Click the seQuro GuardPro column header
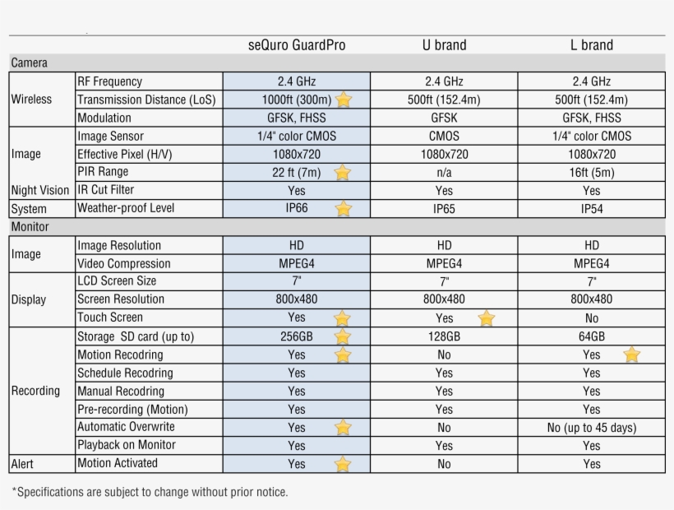pyautogui.click(x=296, y=45)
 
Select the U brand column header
pyautogui.click(x=444, y=45)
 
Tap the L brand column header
pyautogui.click(x=592, y=45)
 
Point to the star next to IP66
pyautogui.click(x=343, y=209)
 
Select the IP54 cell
pyautogui.click(x=592, y=209)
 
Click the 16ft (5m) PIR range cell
pyautogui.click(x=592, y=173)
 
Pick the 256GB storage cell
pyautogui.click(x=296, y=336)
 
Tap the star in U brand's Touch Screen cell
pyautogui.click(x=487, y=318)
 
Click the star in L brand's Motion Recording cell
pyautogui.click(x=631, y=355)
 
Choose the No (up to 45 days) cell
pyautogui.click(x=592, y=428)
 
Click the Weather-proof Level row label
pyautogui.click(x=126, y=208)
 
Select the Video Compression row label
pyautogui.click(x=124, y=264)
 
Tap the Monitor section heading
pyautogui.click(x=30, y=227)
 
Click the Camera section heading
pyautogui.click(x=29, y=63)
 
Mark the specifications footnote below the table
pyautogui.click(x=150, y=492)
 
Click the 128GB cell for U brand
pyautogui.click(x=444, y=336)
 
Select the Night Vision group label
pyautogui.click(x=40, y=190)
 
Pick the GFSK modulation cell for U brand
pyautogui.click(x=444, y=118)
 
